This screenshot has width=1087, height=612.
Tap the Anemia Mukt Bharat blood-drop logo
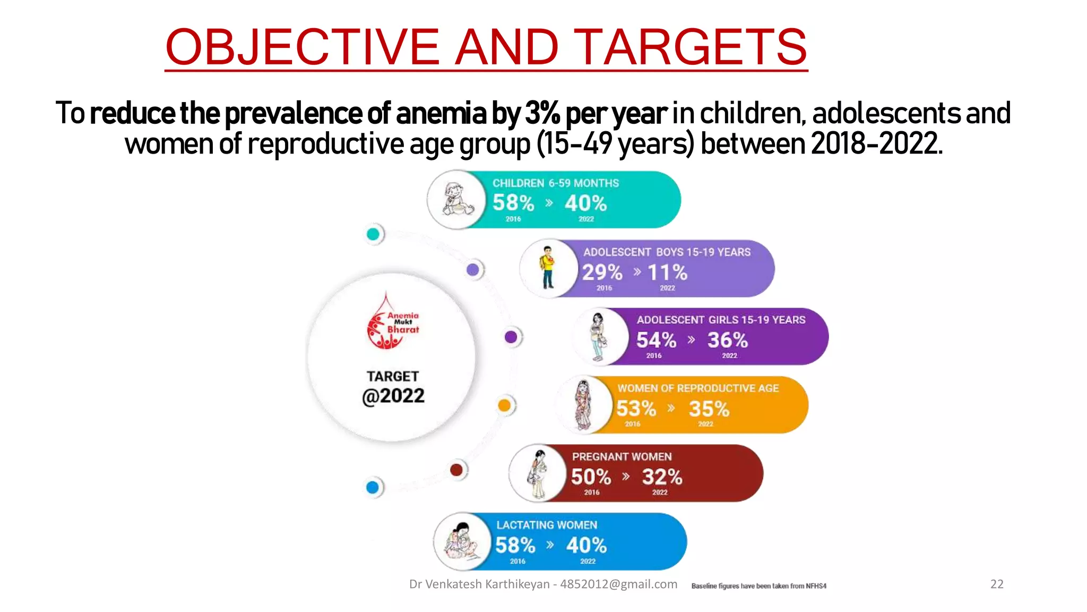tap(391, 322)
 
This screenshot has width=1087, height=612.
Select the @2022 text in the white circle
tap(393, 396)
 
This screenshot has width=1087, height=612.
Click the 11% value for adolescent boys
tap(667, 273)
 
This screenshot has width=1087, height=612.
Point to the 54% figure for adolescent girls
tap(656, 340)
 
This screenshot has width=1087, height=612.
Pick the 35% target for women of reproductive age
tap(709, 409)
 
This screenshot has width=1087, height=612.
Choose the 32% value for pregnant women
tap(662, 477)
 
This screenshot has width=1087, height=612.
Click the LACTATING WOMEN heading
tap(547, 525)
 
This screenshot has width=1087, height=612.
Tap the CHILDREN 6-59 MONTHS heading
tap(555, 183)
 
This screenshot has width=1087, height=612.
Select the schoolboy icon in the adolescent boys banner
tap(547, 267)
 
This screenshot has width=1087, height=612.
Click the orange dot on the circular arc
tap(504, 405)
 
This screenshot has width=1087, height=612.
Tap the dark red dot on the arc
tap(456, 470)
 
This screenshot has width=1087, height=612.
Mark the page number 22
tap(997, 584)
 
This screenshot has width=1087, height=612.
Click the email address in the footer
tap(618, 584)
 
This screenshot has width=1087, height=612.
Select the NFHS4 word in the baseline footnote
tap(816, 586)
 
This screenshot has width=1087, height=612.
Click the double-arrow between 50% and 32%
tap(626, 476)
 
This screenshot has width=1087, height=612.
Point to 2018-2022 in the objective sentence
tap(877, 143)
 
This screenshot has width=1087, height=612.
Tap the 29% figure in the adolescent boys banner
tap(602, 273)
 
